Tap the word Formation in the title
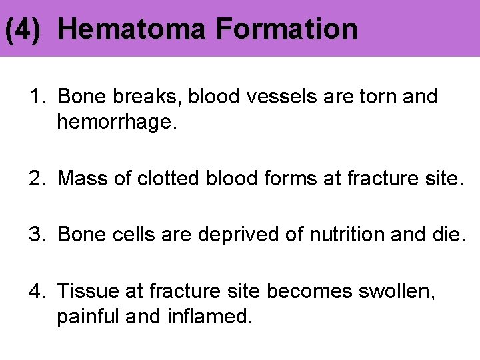287,29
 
